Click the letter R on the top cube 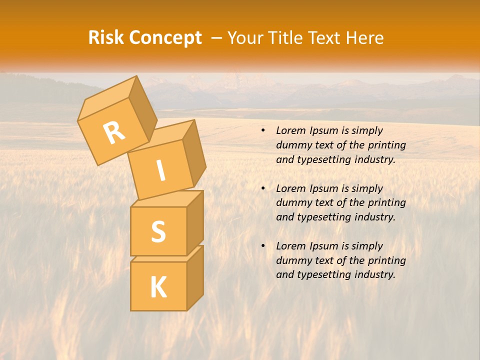[x=114, y=133]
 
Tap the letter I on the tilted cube [x=161, y=170]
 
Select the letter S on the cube [x=158, y=231]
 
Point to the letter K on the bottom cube [x=158, y=287]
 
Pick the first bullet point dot [x=263, y=130]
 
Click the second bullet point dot [x=263, y=188]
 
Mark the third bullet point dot [x=263, y=246]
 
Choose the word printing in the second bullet [x=386, y=203]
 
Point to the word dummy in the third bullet [x=292, y=260]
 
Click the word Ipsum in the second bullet [x=323, y=188]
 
